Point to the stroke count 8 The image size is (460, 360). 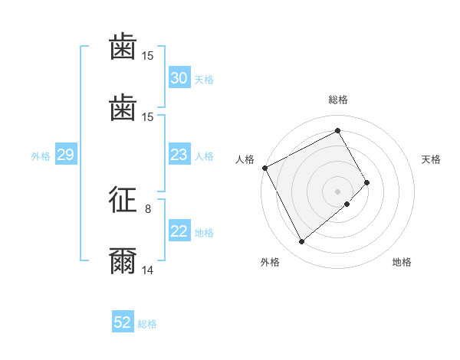click(x=148, y=208)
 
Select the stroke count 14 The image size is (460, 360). click(x=148, y=270)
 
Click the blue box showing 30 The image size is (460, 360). click(x=179, y=78)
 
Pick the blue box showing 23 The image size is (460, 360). click(x=179, y=155)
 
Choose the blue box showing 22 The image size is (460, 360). click(x=179, y=231)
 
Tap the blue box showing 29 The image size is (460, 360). click(x=65, y=155)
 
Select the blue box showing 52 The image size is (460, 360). click(x=123, y=322)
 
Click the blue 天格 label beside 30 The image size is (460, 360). click(x=204, y=79)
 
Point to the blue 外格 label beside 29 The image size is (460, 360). click(x=41, y=155)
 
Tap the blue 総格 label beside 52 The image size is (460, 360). click(x=148, y=323)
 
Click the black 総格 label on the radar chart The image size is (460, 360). click(x=338, y=100)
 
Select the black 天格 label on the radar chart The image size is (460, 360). click(x=432, y=159)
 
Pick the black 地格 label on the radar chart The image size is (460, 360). click(x=402, y=262)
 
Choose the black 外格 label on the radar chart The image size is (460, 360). click(x=270, y=262)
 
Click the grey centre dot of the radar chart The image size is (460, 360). click(x=338, y=191)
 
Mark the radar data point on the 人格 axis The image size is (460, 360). click(x=264, y=168)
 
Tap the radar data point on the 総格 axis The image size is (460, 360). click(x=338, y=131)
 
